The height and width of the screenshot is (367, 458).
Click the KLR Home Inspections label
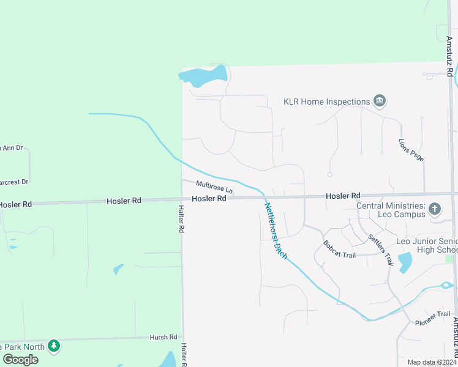pyautogui.click(x=326, y=102)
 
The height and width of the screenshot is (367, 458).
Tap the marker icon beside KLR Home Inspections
pyautogui.click(x=380, y=101)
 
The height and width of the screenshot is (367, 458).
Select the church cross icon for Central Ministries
pyautogui.click(x=435, y=210)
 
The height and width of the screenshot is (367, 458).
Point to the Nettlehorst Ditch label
pyautogui.click(x=276, y=230)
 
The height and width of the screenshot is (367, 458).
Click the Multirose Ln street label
pyautogui.click(x=215, y=187)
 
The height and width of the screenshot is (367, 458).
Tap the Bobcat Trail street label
pyautogui.click(x=339, y=250)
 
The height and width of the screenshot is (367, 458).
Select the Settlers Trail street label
pyautogui.click(x=380, y=250)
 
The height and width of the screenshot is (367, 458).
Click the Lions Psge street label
pyautogui.click(x=411, y=150)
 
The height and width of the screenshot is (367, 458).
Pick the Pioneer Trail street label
pyautogui.click(x=433, y=318)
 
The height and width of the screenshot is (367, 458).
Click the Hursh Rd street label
pyautogui.click(x=163, y=337)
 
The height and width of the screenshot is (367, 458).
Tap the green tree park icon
pyautogui.click(x=54, y=346)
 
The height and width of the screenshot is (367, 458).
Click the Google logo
pyautogui.click(x=20, y=359)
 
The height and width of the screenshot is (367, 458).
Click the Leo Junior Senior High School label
pyautogui.click(x=427, y=245)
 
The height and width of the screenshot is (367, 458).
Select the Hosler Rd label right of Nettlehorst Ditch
pyautogui.click(x=343, y=196)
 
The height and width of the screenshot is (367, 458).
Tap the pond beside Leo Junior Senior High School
pyautogui.click(x=405, y=262)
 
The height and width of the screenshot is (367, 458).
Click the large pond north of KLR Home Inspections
pyautogui.click(x=204, y=76)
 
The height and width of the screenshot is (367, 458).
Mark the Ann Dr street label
pyautogui.click(x=11, y=147)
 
